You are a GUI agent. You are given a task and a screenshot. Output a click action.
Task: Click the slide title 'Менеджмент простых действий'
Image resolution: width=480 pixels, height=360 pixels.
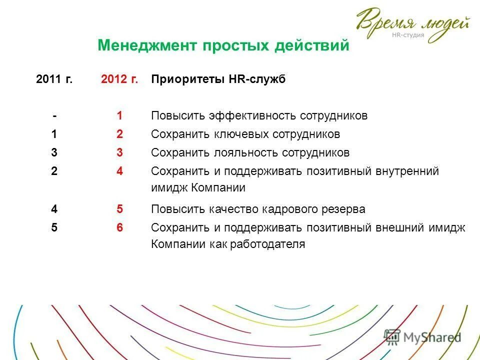click(223, 46)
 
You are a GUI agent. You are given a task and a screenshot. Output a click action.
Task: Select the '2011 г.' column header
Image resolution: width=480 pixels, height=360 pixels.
click(54, 79)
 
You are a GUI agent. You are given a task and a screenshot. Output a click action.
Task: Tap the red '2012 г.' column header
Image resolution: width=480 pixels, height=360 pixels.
click(119, 79)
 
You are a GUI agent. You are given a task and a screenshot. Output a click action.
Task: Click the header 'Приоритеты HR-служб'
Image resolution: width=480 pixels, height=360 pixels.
click(218, 79)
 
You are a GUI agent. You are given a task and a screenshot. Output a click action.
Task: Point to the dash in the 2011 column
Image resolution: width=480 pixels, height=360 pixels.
click(54, 116)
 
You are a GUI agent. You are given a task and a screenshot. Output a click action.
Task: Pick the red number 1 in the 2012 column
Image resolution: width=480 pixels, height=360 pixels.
click(119, 116)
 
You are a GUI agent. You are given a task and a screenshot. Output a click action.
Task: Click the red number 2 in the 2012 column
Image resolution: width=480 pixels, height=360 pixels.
click(119, 134)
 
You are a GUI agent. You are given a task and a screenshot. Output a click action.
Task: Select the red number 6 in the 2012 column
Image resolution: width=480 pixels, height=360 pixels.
click(119, 227)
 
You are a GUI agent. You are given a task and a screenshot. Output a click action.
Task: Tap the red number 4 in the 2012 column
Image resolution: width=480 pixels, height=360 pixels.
click(119, 171)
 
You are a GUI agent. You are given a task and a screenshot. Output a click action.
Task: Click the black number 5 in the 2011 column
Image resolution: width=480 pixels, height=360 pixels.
click(54, 227)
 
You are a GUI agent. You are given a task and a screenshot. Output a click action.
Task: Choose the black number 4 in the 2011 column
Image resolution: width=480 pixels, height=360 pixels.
click(54, 209)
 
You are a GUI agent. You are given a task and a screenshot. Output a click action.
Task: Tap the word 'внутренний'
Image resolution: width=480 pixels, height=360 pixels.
click(407, 171)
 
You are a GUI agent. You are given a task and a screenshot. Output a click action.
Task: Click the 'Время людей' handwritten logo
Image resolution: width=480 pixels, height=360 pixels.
click(413, 22)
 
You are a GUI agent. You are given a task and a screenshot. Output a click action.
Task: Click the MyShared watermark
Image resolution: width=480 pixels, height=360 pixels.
click(423, 337)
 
